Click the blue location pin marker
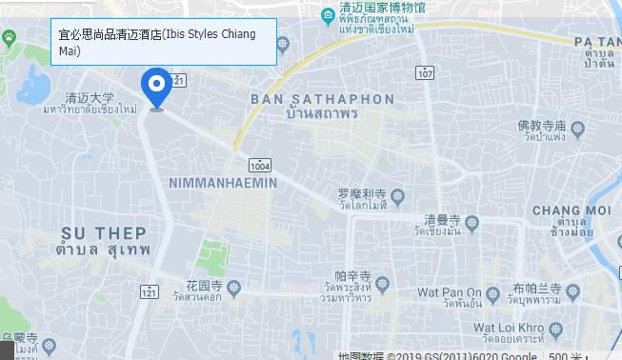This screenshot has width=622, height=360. coord(156,88)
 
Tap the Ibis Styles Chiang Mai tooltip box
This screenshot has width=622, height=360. coord(163,42)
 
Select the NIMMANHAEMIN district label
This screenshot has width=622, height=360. coord(222,182)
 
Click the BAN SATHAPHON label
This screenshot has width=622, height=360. coord(322,99)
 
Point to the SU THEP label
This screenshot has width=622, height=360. coord(104,232)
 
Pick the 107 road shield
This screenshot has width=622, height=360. coord(426,73)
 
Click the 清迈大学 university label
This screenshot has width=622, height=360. coord(90,97)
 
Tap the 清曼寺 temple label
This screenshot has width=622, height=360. coord(443,218)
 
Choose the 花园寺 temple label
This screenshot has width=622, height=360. coord(204,285)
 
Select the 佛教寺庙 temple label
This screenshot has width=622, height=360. coord(542,126)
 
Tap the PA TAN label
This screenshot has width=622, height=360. coord(597,42)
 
